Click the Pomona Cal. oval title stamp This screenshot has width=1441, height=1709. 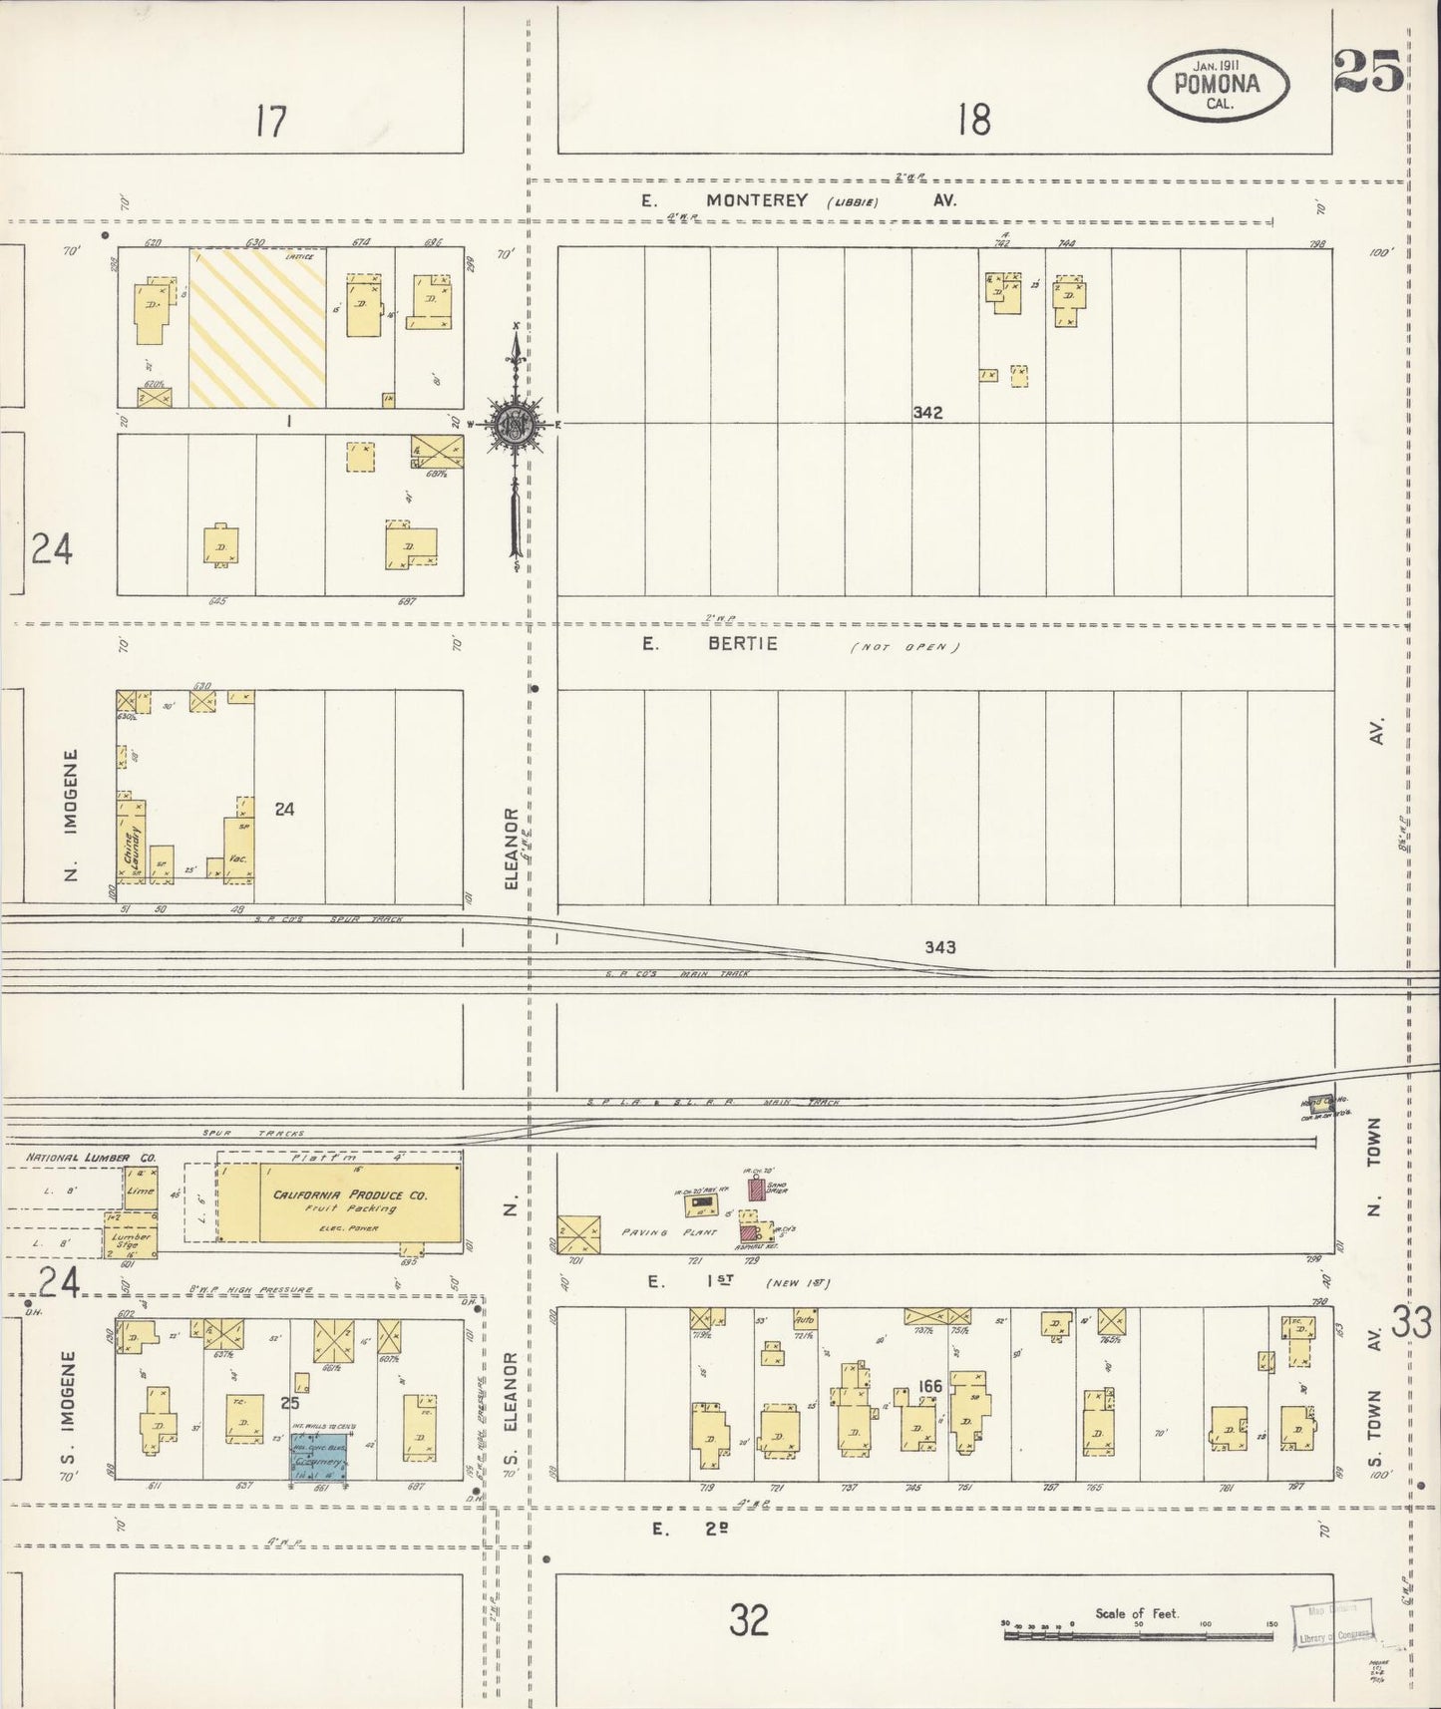(x=1218, y=85)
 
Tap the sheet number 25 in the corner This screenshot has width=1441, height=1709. (x=1368, y=72)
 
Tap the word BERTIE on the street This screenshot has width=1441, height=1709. (x=742, y=644)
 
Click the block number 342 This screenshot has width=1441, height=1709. (x=927, y=413)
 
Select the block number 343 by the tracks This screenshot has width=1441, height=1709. (x=940, y=946)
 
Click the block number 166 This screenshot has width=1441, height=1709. (x=930, y=1387)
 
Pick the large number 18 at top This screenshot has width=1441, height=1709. (x=973, y=121)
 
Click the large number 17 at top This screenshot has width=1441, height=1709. (x=269, y=122)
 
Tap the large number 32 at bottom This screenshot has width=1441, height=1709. (x=748, y=1620)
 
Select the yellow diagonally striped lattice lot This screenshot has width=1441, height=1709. (x=257, y=327)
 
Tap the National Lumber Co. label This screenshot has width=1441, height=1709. (x=91, y=1158)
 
